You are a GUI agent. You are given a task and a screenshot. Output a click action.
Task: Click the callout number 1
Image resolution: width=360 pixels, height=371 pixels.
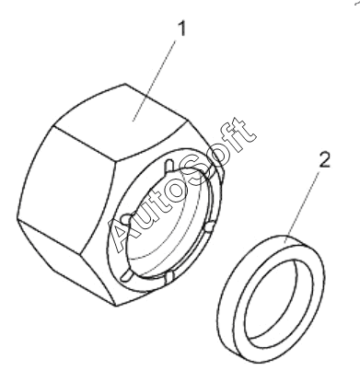(182, 29)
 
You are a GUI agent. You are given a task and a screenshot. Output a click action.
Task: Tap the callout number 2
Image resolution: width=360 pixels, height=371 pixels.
(324, 160)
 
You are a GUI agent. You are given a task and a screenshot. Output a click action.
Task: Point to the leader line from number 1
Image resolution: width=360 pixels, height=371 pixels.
(155, 81)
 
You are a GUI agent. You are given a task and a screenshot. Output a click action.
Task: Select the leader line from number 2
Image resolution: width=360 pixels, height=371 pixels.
(302, 207)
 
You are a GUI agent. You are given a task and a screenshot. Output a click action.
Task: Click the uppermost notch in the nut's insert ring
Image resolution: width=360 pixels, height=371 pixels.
(168, 166)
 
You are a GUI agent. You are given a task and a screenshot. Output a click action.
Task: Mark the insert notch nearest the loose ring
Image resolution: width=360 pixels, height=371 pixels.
(209, 227)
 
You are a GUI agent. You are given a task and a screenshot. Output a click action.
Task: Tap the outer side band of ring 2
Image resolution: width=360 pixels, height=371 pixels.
(228, 325)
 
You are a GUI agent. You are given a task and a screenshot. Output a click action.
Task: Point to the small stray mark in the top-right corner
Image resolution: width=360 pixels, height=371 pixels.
(357, 3)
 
